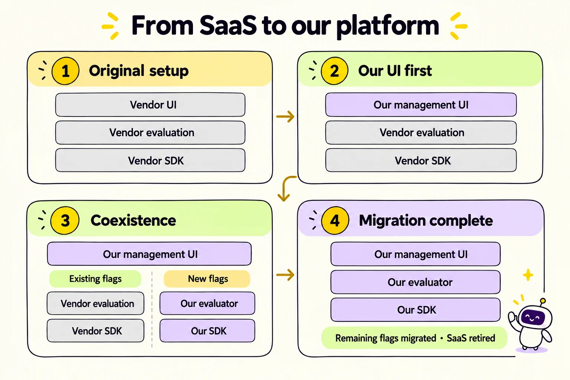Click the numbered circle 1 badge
[x=65, y=71]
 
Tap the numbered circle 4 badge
[x=335, y=220]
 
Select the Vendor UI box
[x=150, y=105]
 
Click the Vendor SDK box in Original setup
[x=150, y=160]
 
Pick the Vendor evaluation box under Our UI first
[x=421, y=132]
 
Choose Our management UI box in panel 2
[x=421, y=105]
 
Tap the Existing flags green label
[x=95, y=279]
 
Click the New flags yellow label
[x=207, y=279]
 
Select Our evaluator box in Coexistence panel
[x=207, y=304]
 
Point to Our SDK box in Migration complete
[x=416, y=310]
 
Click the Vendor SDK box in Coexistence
[x=95, y=331]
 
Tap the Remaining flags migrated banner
[x=414, y=338]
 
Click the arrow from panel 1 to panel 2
[x=285, y=117]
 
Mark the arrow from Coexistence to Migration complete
[x=285, y=275]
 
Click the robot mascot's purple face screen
[x=533, y=318]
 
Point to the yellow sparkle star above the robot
[x=528, y=275]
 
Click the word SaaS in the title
[x=228, y=26]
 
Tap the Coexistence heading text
[x=133, y=220]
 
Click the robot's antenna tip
[x=543, y=301]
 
